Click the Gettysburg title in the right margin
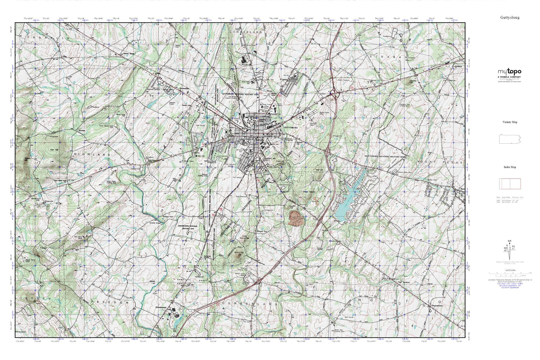pos(509,17)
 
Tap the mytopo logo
pos(509,72)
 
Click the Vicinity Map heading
pos(509,122)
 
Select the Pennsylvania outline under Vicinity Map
pos(509,139)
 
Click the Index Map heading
pos(509,167)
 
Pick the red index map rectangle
pos(510,184)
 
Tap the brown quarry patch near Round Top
pos(296,218)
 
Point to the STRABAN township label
pos(389,57)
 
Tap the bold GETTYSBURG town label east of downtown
pos(291,128)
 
